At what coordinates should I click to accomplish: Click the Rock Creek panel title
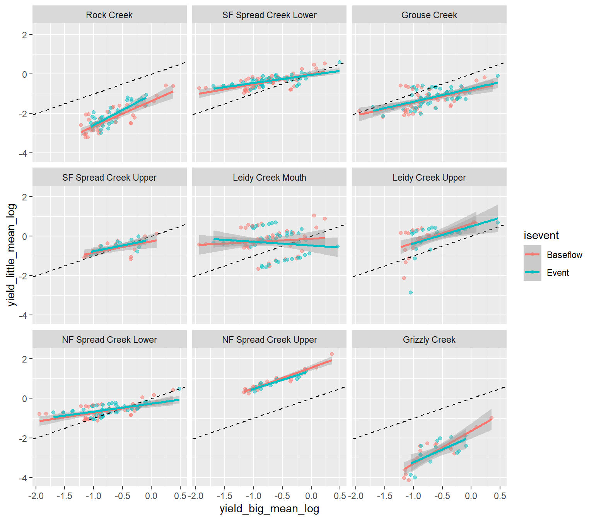click(x=109, y=15)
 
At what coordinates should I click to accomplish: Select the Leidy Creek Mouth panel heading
click(x=269, y=178)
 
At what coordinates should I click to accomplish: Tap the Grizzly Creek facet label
click(x=429, y=340)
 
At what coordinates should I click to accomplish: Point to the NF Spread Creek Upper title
click(x=269, y=340)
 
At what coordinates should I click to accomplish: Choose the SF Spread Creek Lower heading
click(x=269, y=15)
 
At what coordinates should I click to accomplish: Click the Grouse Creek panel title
click(x=429, y=15)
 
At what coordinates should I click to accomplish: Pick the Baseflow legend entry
click(x=564, y=255)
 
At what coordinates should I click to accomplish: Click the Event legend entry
click(x=558, y=273)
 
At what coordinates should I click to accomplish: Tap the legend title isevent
click(x=541, y=235)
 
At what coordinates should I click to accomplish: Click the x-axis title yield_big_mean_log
click(x=269, y=509)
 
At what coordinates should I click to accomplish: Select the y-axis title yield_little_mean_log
click(x=12, y=255)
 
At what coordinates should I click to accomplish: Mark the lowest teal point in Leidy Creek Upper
click(x=410, y=292)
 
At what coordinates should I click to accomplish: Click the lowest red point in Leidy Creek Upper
click(x=404, y=278)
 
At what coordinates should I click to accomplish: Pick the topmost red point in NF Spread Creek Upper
click(x=331, y=354)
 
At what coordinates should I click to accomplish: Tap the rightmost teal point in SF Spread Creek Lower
click(x=340, y=62)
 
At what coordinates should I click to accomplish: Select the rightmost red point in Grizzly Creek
click(x=492, y=418)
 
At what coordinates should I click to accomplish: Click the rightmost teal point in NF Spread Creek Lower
click(x=179, y=389)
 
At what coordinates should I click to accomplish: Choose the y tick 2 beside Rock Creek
click(x=25, y=35)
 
